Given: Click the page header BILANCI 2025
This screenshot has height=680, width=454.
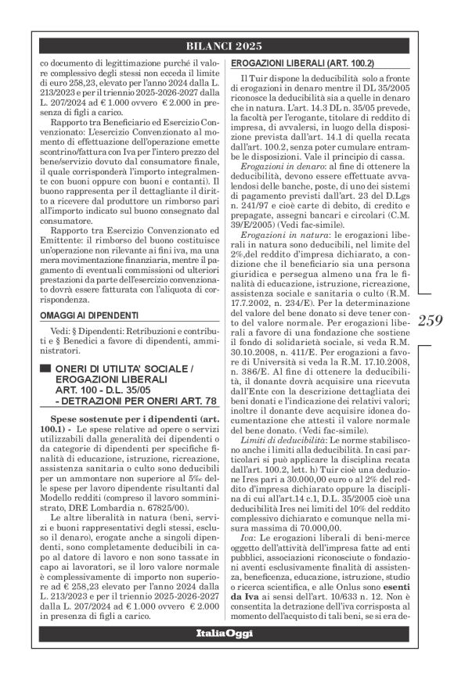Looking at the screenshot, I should tap(226, 45).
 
